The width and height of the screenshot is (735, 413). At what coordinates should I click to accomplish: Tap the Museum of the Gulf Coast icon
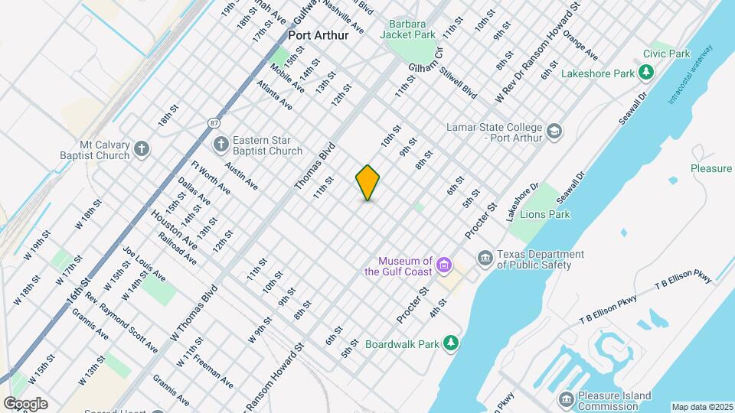click(x=444, y=266)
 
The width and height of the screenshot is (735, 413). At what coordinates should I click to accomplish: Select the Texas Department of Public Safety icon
click(x=485, y=259)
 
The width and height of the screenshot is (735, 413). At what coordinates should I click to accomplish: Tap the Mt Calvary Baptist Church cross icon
click(x=142, y=148)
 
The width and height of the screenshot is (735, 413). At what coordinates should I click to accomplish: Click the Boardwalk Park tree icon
click(x=452, y=343)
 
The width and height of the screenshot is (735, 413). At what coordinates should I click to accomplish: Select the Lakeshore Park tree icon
click(x=647, y=73)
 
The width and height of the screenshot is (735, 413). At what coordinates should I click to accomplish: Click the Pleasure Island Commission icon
click(x=566, y=400)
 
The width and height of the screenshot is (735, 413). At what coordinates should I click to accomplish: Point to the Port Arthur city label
click(x=318, y=35)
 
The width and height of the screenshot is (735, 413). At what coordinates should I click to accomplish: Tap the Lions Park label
click(x=544, y=215)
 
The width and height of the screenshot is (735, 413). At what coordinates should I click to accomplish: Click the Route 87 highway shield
click(x=214, y=123)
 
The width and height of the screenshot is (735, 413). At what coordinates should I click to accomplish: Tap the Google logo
click(x=25, y=404)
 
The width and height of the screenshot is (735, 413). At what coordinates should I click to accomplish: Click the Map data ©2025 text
click(x=702, y=407)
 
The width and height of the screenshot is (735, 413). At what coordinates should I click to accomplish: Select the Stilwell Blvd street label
click(x=459, y=82)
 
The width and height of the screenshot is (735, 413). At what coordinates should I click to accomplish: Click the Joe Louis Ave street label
click(x=143, y=263)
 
